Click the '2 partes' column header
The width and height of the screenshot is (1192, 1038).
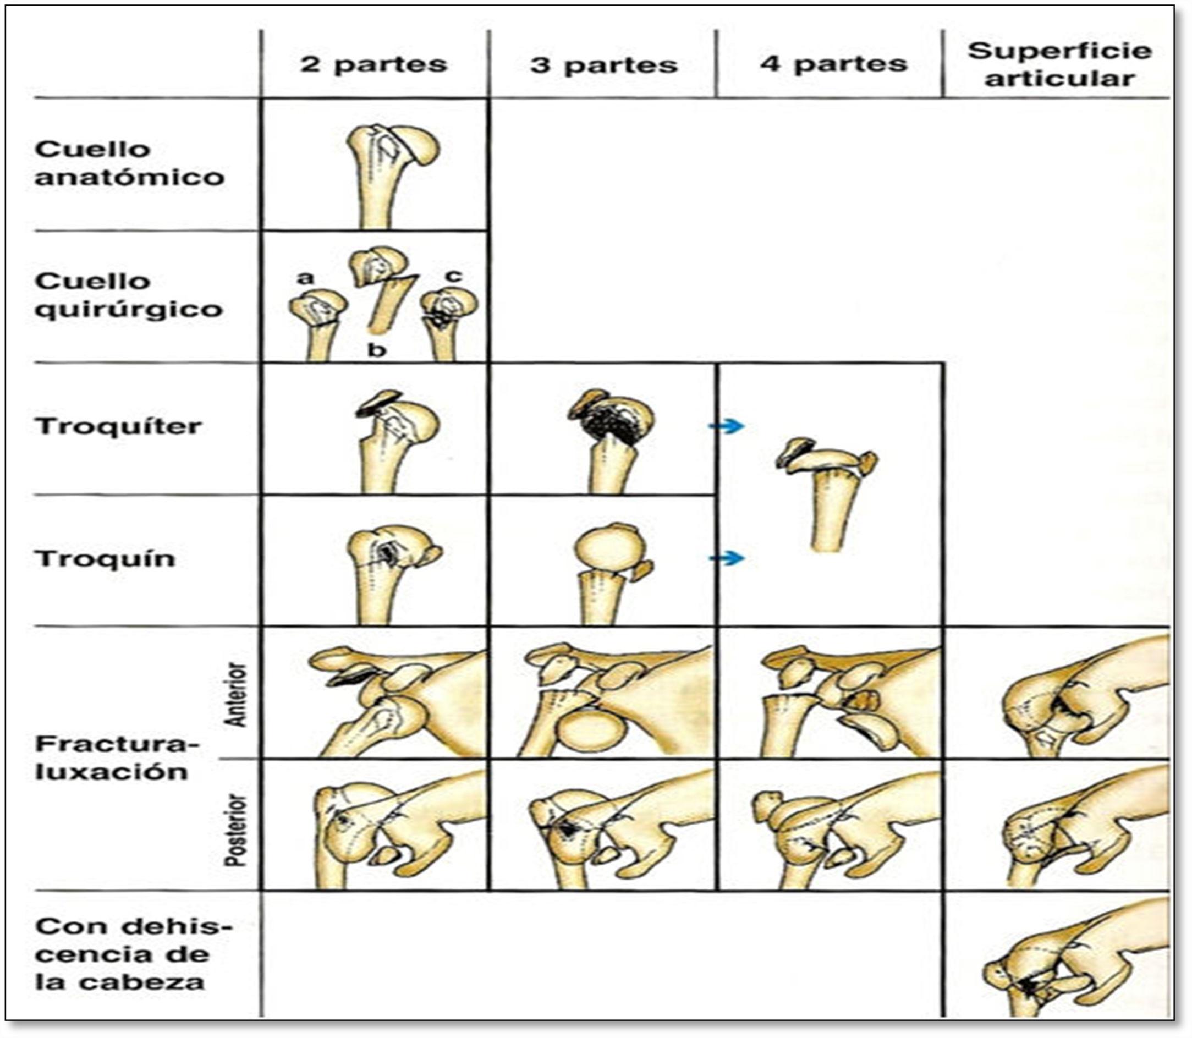point(373,64)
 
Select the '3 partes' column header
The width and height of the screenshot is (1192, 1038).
point(603,65)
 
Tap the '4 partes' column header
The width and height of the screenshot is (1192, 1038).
point(833,64)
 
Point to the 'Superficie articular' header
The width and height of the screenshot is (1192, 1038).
point(1059,65)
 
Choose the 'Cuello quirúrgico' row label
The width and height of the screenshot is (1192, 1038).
point(128,295)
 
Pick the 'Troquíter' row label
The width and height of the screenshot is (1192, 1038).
point(119,426)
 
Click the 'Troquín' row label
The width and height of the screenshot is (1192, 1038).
point(105,559)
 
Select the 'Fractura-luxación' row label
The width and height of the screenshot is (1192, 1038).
point(117,757)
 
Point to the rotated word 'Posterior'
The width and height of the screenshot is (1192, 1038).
point(235,830)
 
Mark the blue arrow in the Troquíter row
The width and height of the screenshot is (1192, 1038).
point(726,426)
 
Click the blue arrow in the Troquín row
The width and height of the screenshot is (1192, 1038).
point(726,558)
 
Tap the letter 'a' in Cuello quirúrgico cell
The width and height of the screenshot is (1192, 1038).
point(305,278)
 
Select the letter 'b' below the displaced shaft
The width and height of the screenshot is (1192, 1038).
point(377,350)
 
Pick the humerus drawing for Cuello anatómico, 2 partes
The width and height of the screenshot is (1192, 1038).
point(392,174)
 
